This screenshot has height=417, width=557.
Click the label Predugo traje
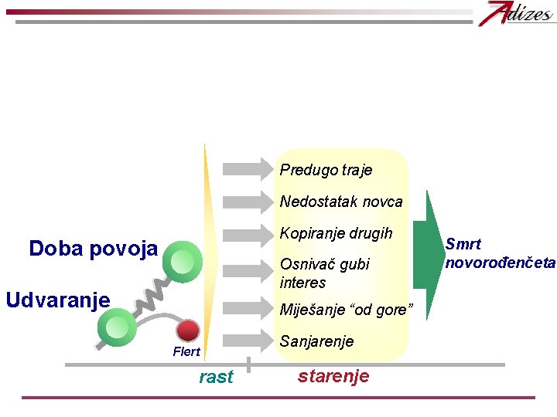click(x=326, y=170)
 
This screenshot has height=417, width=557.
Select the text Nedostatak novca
click(x=341, y=202)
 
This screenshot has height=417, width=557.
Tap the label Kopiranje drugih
click(x=336, y=233)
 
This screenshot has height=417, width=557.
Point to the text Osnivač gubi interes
click(x=325, y=273)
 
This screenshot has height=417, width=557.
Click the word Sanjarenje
click(x=316, y=341)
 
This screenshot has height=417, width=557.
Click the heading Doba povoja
click(x=93, y=249)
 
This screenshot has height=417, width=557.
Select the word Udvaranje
click(x=57, y=299)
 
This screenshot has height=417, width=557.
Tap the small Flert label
click(x=186, y=352)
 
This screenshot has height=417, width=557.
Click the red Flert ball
click(x=188, y=331)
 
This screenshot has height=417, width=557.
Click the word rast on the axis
click(x=216, y=377)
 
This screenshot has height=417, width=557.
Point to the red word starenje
click(x=333, y=376)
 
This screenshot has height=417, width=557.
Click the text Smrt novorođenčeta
click(x=500, y=253)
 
